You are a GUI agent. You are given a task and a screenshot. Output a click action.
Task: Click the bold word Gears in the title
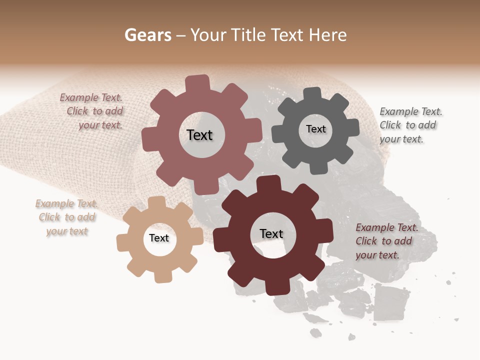coord(147,35)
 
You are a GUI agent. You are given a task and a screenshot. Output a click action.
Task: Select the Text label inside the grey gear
coord(315,129)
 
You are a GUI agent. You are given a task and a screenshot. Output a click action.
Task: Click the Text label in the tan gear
coord(159,238)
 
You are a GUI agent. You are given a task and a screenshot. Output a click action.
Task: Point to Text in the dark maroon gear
coord(271,234)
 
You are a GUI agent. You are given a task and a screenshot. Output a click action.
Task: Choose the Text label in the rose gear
coord(199,135)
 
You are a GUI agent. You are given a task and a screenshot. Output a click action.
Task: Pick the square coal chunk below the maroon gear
coord(390,301)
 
